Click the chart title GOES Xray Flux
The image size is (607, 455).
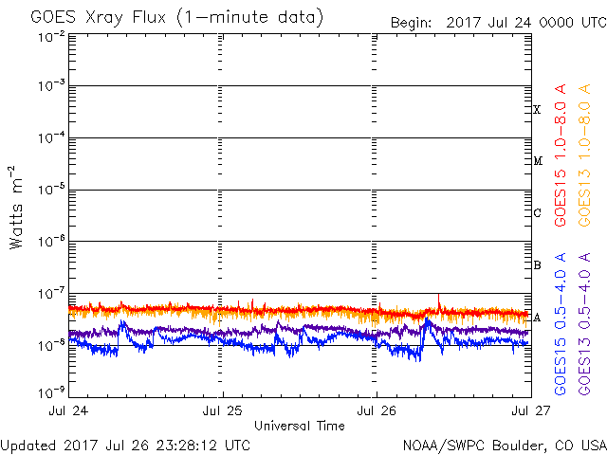coord(98,17)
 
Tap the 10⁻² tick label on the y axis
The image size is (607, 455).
coord(52,38)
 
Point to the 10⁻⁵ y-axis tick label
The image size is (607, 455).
coord(52,190)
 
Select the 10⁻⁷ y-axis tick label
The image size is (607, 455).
coord(52,294)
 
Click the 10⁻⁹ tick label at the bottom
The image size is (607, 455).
coord(52,392)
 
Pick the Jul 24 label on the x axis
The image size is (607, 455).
coord(68,410)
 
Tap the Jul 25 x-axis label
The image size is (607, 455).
coord(223,410)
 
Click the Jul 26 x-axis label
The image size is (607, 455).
coord(377,410)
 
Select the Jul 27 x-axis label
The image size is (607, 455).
coord(531,410)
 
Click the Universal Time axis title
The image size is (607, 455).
coord(300,426)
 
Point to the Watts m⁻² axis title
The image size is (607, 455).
coord(16,208)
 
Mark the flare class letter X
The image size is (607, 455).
coord(537,110)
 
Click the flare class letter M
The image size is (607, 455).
coord(538,160)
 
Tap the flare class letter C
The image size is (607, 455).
coord(537,212)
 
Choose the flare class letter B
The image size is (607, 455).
coord(537,265)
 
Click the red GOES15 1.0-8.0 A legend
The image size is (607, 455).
coord(561,155)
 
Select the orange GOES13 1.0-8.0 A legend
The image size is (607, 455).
coord(584,155)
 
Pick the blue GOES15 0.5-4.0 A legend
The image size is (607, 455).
coord(561,324)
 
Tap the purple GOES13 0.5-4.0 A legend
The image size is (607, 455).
coord(584,324)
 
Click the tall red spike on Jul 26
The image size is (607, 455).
coord(438,301)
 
